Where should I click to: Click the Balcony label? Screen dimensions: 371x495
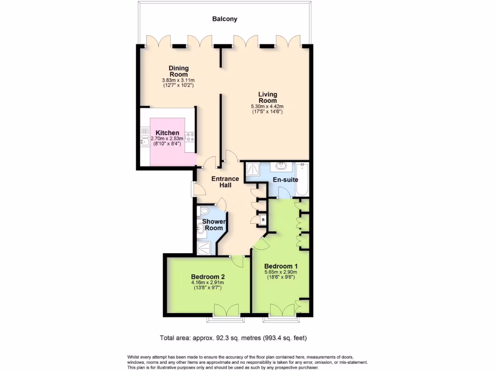[225, 19]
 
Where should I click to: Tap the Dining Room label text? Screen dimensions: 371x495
[178, 71]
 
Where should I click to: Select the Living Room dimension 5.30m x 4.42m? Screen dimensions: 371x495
[267, 106]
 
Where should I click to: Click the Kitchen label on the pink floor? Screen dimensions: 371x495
[167, 133]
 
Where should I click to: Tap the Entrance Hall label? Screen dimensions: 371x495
[224, 182]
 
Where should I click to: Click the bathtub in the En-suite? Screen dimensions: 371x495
[302, 180]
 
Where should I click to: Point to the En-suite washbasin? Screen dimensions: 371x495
[281, 167]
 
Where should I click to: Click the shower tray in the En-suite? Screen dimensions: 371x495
[252, 169]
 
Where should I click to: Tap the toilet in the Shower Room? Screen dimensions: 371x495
[204, 211]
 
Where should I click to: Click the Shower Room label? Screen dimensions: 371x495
[213, 225]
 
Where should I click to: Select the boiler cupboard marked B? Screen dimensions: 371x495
[263, 220]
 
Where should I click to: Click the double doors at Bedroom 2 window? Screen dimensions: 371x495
[225, 310]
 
